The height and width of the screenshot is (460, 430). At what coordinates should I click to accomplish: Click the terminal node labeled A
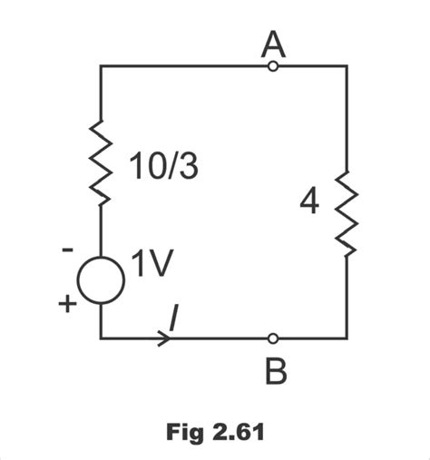click(x=273, y=65)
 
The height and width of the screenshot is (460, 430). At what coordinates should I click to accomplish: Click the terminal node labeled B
click(x=273, y=338)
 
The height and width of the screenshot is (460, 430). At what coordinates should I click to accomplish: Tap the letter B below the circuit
click(x=274, y=370)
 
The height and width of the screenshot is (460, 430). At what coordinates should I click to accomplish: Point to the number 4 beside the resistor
click(x=309, y=202)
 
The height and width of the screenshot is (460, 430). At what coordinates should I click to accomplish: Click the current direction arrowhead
click(x=164, y=338)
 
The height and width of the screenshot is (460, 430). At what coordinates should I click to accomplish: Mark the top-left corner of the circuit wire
click(x=101, y=65)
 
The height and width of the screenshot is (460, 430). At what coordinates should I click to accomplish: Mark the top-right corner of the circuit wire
click(x=347, y=65)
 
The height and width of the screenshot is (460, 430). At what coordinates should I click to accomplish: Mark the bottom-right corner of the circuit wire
click(x=347, y=338)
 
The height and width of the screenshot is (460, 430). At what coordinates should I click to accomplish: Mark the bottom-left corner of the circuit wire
click(x=101, y=338)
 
